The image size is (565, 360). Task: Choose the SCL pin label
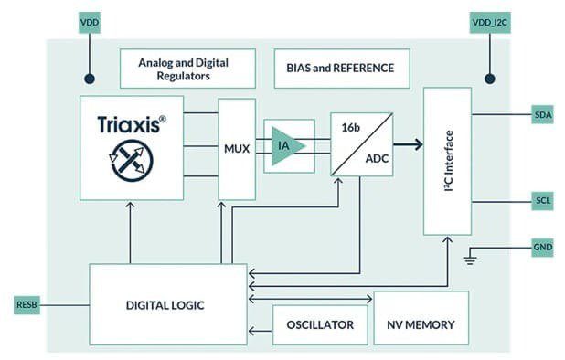[x=542, y=200]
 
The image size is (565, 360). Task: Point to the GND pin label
[x=542, y=248]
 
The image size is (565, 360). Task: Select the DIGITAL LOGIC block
[x=167, y=304]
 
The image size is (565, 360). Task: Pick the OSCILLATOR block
[x=319, y=325]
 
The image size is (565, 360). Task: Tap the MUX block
[x=236, y=147]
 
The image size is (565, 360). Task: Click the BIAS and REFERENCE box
[x=341, y=69]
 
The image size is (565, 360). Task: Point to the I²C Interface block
[x=447, y=161]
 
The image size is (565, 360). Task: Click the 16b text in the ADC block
[x=351, y=127]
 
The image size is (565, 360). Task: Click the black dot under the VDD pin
[x=89, y=79]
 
